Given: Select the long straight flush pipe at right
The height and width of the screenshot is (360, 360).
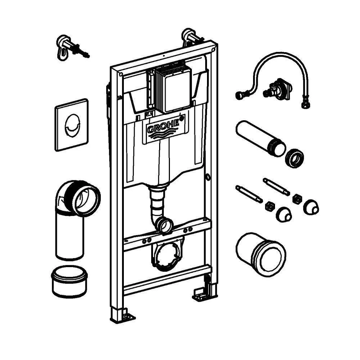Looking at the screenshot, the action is coord(260,139).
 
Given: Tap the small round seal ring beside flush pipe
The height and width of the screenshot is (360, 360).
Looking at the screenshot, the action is coord(294,158).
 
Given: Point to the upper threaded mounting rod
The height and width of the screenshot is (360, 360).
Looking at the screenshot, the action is coord(276,187).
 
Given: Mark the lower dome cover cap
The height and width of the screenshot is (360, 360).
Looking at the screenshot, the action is coord(284,214).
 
